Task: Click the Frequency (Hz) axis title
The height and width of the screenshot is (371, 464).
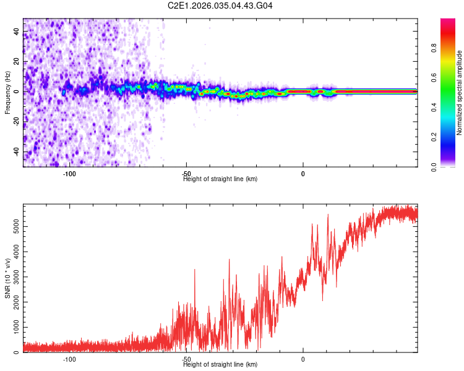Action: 7,93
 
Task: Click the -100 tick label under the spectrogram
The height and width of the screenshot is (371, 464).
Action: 69,174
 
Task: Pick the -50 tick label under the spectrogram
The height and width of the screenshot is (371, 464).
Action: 186,174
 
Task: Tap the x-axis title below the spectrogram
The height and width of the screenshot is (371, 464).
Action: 220,179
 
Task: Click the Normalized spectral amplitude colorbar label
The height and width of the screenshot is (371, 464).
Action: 459,93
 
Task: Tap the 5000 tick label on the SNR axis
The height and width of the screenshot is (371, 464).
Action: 17,228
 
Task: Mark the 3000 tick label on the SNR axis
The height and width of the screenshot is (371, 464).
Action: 17,278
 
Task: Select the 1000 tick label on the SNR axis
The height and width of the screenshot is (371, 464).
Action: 17,328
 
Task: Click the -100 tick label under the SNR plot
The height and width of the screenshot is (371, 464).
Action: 69,359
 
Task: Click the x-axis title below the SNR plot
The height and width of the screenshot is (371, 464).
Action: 220,365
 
